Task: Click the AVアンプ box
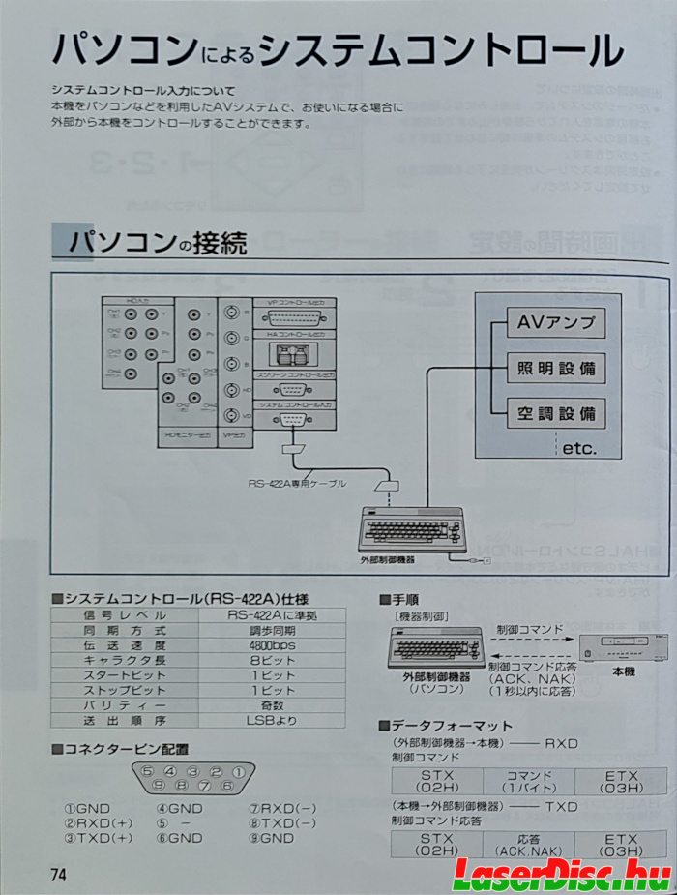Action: pos(555,323)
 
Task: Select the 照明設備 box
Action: pos(555,369)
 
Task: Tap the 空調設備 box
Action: pos(555,414)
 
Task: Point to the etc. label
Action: pos(578,448)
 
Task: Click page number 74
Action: pos(59,874)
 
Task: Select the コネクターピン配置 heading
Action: pos(126,749)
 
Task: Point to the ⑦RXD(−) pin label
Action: pos(282,808)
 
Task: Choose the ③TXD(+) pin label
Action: pos(99,838)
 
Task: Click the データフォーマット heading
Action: pos(451,726)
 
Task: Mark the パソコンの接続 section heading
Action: pos(155,242)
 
